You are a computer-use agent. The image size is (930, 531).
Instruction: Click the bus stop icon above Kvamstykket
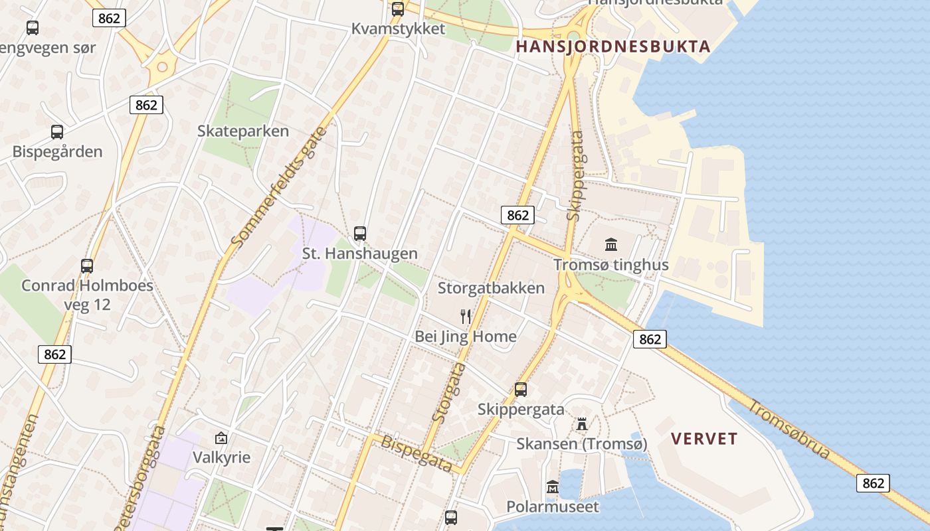398,9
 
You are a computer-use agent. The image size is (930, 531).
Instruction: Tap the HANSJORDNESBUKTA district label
613,46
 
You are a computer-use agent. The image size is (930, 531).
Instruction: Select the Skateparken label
243,131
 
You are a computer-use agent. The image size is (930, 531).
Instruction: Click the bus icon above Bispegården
57,132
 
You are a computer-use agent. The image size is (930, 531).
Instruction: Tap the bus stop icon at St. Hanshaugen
360,234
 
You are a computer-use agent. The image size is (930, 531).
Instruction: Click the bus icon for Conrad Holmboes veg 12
87,266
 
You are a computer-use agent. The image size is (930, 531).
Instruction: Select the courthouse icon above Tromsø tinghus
611,244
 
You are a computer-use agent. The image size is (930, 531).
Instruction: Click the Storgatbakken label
491,288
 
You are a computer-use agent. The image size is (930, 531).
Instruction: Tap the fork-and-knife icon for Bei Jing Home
466,316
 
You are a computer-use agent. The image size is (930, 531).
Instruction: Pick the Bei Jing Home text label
466,337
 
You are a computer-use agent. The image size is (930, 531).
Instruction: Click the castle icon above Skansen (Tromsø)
582,423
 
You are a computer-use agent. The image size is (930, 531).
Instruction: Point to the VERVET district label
704,439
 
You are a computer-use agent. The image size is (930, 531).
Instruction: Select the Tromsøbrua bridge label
790,429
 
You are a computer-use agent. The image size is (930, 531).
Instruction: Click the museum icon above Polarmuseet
553,487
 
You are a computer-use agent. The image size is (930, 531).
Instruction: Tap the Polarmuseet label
553,507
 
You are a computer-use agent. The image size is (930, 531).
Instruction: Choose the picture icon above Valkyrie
221,438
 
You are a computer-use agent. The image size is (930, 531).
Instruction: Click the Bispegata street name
417,453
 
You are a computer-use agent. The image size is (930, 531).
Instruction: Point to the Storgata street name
450,392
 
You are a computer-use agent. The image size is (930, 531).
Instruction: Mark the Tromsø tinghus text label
611,265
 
